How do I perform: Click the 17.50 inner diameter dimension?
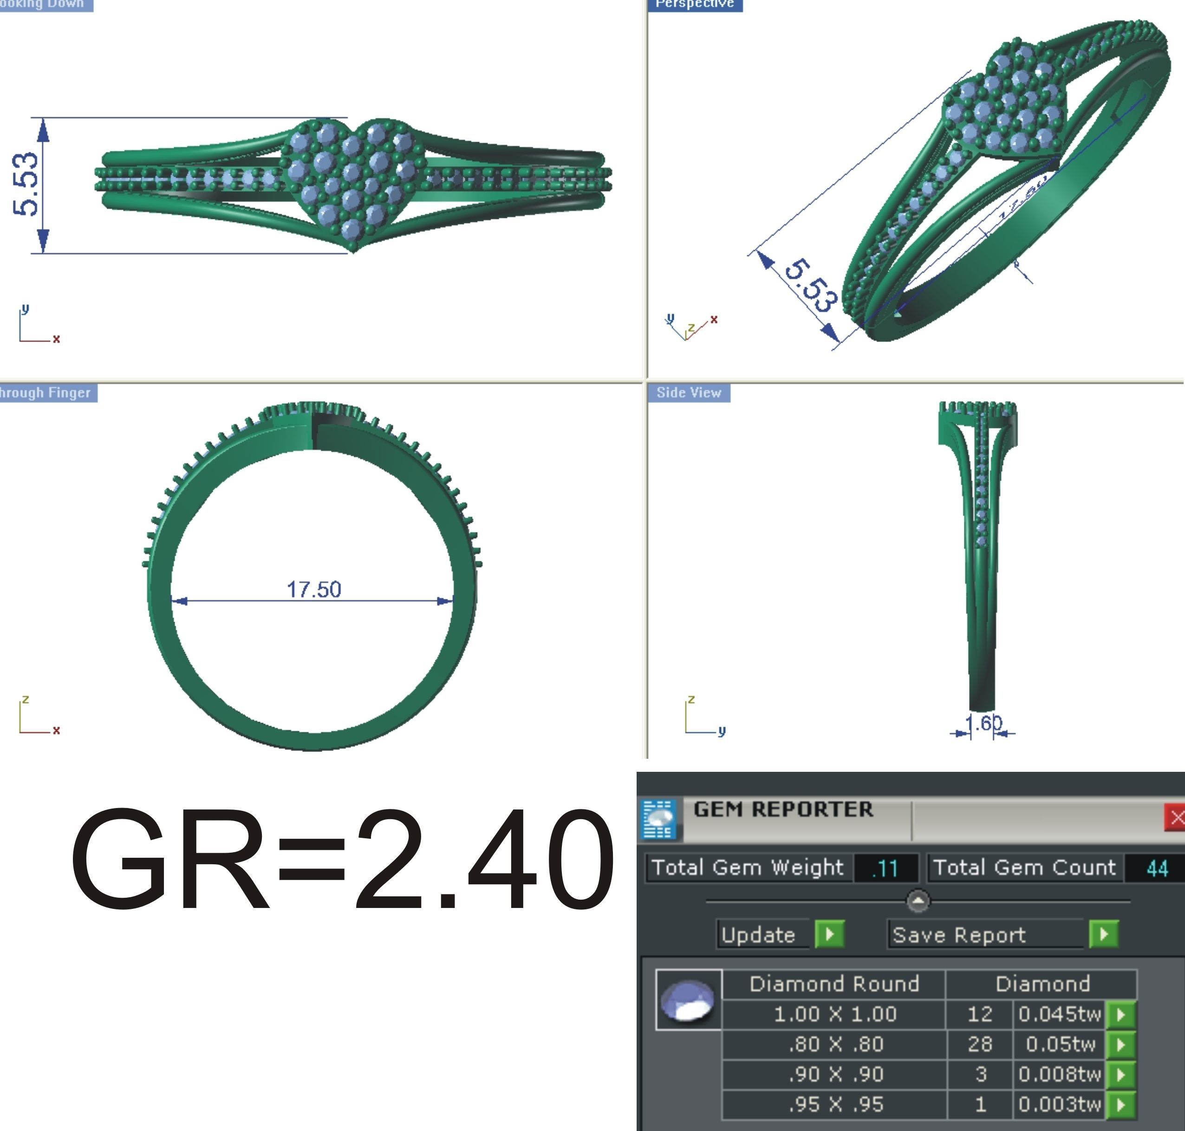[x=313, y=589]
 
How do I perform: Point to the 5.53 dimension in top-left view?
[x=25, y=184]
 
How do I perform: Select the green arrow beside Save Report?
[x=1103, y=934]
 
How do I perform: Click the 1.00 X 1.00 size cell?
[x=834, y=1014]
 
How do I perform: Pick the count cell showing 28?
[x=980, y=1044]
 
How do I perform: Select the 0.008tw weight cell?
[x=1059, y=1074]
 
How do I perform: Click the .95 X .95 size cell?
[x=835, y=1105]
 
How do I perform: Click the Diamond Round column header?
[x=834, y=984]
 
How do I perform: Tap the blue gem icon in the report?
[x=688, y=1000]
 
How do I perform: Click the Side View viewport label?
[x=689, y=393]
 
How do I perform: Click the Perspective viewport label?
[x=695, y=4]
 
